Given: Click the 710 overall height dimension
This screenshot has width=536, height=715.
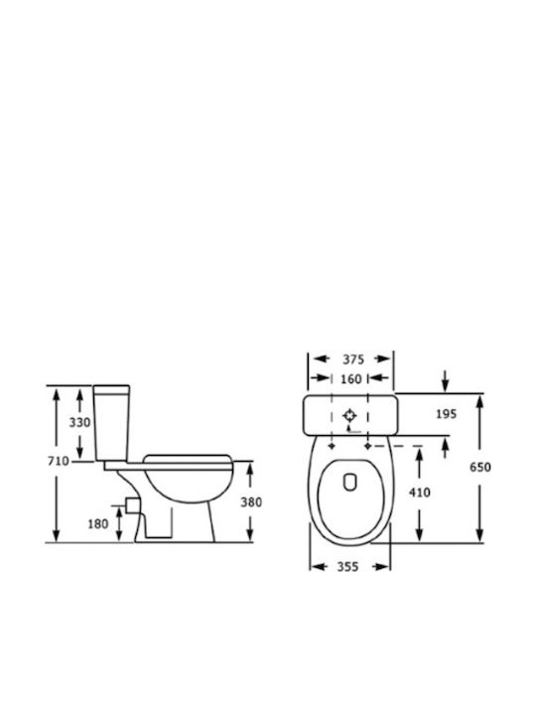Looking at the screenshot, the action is (x=59, y=461).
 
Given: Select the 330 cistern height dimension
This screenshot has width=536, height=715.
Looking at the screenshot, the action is (x=79, y=423).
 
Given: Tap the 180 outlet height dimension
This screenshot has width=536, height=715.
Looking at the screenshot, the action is (x=98, y=524).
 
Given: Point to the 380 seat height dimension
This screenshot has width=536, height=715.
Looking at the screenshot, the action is (x=251, y=502).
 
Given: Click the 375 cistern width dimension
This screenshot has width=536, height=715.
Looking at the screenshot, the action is (x=353, y=359).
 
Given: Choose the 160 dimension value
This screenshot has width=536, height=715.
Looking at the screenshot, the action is (x=350, y=379).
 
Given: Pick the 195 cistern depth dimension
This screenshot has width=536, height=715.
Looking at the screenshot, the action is (x=446, y=414).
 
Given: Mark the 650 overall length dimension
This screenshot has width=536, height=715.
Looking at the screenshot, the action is (x=480, y=467).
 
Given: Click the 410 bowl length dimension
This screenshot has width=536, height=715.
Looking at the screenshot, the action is (x=419, y=493).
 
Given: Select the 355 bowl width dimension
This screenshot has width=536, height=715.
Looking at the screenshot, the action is (x=347, y=567).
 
